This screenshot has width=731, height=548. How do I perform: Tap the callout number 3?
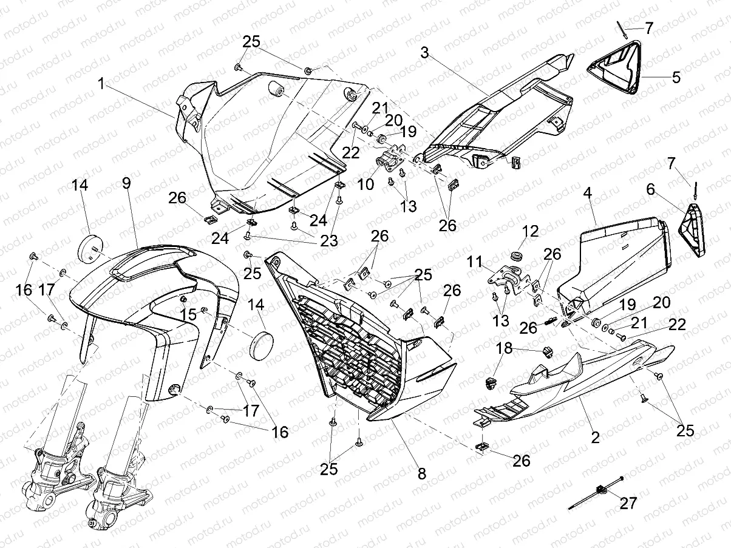(424, 53)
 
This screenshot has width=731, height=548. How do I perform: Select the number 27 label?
(629, 502)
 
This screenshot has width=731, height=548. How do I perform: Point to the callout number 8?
(420, 472)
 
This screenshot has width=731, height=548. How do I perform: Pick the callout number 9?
(126, 183)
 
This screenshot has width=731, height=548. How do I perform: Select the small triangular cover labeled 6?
(695, 231)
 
